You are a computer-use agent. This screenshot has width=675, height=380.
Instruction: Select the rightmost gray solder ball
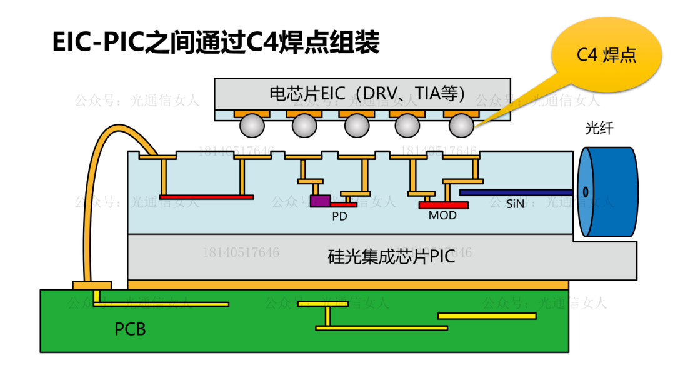[x=462, y=126]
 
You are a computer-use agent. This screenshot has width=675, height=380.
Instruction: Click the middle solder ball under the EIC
[x=357, y=126]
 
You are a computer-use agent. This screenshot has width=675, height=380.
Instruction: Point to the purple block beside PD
[x=320, y=201]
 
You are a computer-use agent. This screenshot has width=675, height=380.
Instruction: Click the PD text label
[x=339, y=217]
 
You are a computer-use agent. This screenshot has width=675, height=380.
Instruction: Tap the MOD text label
[x=442, y=216]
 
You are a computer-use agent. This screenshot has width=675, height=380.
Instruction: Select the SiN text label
[x=516, y=204]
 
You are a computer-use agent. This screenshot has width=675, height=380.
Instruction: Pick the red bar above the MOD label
[x=443, y=205]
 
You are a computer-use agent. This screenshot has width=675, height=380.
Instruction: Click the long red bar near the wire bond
[x=206, y=197]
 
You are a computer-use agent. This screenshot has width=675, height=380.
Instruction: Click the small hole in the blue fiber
[x=586, y=192]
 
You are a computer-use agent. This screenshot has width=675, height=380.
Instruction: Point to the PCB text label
[x=130, y=329]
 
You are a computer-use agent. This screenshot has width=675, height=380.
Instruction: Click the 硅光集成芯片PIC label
[x=391, y=257]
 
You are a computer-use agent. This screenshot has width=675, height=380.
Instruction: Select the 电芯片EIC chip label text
[x=369, y=93]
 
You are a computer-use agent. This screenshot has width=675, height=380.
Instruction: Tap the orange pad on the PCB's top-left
[x=92, y=286]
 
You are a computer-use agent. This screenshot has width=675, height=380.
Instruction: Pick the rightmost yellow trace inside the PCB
[x=487, y=316]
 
